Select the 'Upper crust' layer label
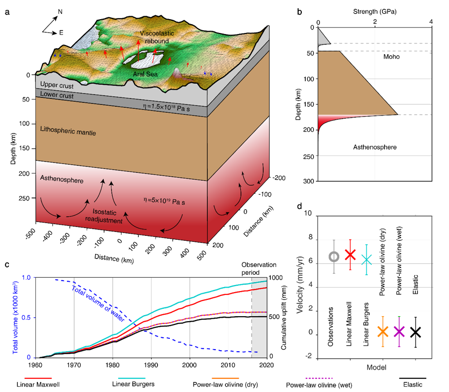[57, 86]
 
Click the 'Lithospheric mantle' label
[68, 132]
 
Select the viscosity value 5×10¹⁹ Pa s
[164, 201]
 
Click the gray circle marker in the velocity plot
[334, 257]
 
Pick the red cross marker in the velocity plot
[350, 255]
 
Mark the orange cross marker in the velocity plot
[383, 331]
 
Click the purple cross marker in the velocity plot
[399, 331]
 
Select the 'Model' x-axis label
[376, 368]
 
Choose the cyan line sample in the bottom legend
[132, 379]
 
